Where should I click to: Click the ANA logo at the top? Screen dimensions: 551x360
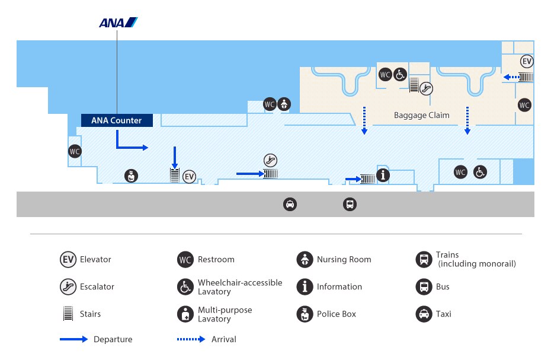tap(118, 23)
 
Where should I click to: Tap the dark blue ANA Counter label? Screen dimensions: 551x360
tap(117, 120)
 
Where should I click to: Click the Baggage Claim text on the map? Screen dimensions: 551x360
tap(422, 115)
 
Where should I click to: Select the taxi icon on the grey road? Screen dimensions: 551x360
tap(290, 204)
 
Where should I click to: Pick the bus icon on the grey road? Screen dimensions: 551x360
tap(350, 204)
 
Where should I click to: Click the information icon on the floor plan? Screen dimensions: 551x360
tap(383, 175)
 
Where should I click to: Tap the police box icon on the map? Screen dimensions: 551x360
tap(131, 176)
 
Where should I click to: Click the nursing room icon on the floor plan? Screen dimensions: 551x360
tap(284, 104)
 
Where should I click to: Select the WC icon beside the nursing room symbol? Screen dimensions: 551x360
tap(270, 104)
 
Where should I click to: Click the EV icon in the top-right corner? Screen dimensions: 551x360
tap(527, 62)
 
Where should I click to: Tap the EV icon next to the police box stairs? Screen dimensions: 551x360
tap(190, 177)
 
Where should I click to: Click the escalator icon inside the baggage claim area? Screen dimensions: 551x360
tap(426, 88)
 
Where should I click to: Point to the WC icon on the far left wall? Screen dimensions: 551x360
tap(75, 151)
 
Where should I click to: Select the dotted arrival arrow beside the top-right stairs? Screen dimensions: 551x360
tap(512, 77)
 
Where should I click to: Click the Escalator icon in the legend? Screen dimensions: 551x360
tap(68, 287)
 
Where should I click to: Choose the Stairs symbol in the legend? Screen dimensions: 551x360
tap(68, 314)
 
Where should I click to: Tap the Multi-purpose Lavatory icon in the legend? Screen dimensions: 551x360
tap(185, 314)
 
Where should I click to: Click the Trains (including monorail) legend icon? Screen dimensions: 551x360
tap(424, 259)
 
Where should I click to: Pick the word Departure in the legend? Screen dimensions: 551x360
tap(113, 340)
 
